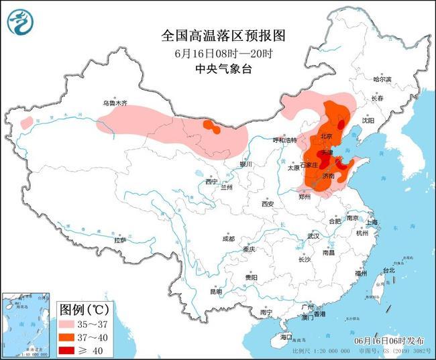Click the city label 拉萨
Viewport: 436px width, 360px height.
tap(120, 239)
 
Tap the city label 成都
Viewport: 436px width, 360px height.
tap(228, 239)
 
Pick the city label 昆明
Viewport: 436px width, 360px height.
tap(215, 292)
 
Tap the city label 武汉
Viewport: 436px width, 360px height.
tap(313, 236)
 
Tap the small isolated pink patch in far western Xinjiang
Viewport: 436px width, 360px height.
tap(26, 123)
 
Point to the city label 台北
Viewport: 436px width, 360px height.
tap(388, 270)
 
